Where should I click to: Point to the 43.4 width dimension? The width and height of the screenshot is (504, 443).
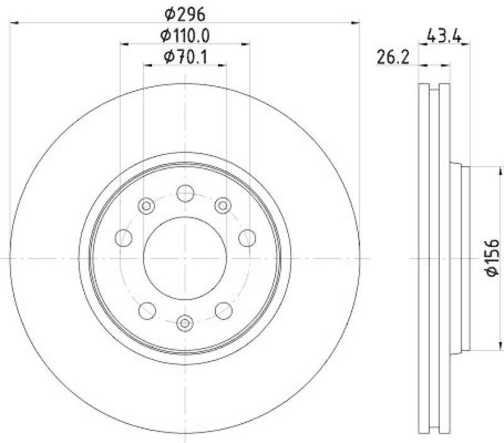click(445, 35)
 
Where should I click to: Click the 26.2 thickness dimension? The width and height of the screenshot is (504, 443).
click(394, 58)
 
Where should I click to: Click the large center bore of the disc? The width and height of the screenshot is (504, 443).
click(185, 258)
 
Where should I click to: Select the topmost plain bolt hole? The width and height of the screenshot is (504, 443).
click(185, 193)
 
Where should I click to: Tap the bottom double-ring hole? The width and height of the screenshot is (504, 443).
click(185, 323)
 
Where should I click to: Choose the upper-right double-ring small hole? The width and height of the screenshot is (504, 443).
click(223, 205)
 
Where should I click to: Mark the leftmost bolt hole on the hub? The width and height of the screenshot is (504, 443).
click(124, 238)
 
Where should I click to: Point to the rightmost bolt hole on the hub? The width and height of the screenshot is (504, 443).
click(247, 238)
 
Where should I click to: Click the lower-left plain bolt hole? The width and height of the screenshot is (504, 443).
click(147, 310)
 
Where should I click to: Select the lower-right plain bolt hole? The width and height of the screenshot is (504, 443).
click(224, 310)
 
